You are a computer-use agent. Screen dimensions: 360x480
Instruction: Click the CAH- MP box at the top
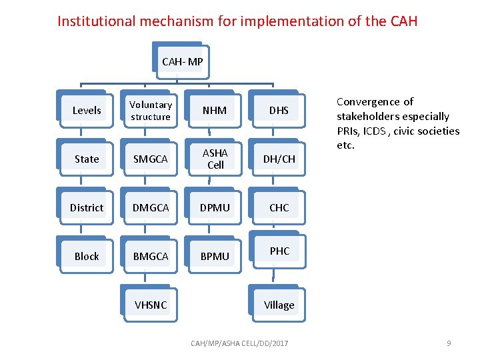click(x=182, y=62)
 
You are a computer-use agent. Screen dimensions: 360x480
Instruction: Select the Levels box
click(x=87, y=111)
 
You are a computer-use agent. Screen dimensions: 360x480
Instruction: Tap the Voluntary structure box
click(x=151, y=111)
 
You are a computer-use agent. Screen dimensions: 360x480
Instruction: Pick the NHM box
click(x=215, y=111)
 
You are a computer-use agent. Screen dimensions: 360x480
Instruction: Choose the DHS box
click(x=279, y=111)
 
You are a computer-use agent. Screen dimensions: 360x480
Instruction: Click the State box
click(x=87, y=159)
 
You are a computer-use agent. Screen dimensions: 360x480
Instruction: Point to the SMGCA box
click(x=151, y=159)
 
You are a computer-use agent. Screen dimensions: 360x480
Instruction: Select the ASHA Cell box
click(x=215, y=159)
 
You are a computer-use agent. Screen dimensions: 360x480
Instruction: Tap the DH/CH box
click(x=279, y=159)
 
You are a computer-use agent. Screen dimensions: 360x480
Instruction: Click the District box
click(x=87, y=208)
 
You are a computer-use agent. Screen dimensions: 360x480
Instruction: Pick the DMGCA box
click(x=151, y=208)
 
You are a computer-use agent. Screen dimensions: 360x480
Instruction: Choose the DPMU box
click(x=215, y=208)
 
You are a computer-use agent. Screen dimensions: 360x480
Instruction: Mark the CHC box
click(x=279, y=208)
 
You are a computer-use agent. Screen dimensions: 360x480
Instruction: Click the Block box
click(x=87, y=257)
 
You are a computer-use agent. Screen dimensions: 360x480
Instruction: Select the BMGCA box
click(x=151, y=257)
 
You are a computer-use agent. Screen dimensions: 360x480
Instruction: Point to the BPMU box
click(x=215, y=257)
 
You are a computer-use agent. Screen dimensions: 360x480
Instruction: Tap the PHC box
click(x=279, y=252)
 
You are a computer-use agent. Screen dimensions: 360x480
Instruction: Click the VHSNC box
click(x=151, y=305)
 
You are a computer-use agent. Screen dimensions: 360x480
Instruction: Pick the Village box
click(x=279, y=305)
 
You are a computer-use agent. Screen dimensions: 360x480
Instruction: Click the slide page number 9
click(x=449, y=343)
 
